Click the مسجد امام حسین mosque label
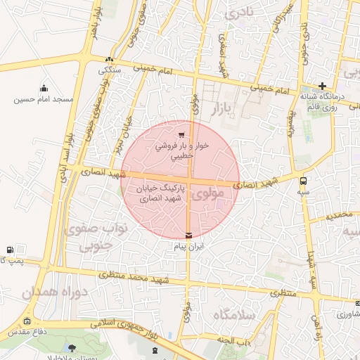(x=44, y=100)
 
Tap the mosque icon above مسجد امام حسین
(x=44, y=89)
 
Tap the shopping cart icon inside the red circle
(x=181, y=135)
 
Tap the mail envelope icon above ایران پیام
(x=188, y=236)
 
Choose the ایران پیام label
(x=188, y=247)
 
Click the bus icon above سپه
(x=303, y=180)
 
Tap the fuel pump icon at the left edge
(x=9, y=250)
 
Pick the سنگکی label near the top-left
(x=109, y=70)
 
